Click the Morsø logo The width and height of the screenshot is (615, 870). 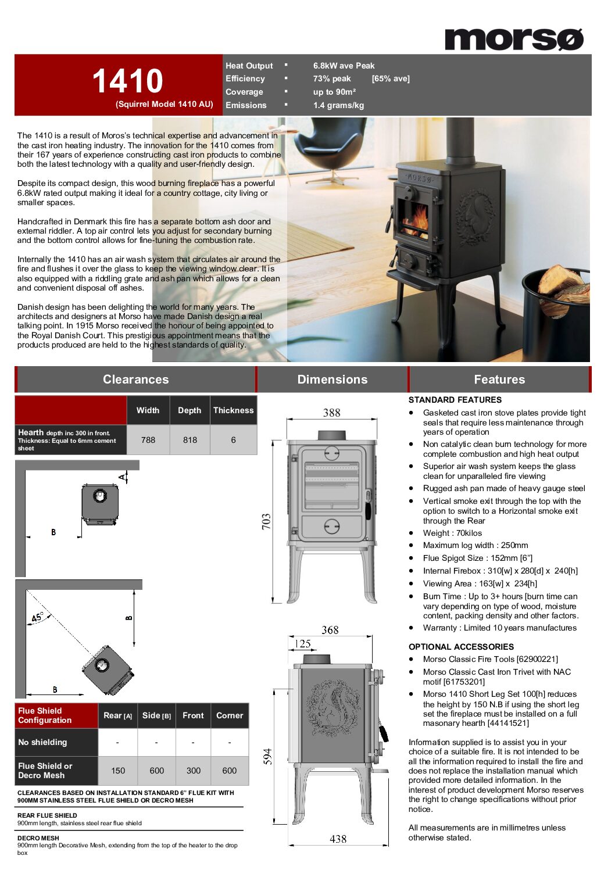coord(514,40)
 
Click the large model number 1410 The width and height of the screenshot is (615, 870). coord(127,81)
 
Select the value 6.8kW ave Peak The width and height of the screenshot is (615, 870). coord(344,66)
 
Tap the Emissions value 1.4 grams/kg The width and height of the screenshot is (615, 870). coord(338,105)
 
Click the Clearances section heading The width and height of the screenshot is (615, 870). coord(135,379)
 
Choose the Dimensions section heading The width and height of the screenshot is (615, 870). coord(332,379)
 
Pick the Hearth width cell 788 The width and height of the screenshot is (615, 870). coord(148,440)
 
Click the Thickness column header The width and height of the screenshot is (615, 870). coord(233,410)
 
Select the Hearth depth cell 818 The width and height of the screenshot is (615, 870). coord(190,440)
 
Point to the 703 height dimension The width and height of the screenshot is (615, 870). coord(266,521)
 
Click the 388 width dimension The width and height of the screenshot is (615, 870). coord(331,413)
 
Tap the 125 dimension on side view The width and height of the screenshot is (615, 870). coord(303,644)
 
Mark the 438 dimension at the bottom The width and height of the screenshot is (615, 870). coord(338,839)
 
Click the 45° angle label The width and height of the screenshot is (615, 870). coord(37,617)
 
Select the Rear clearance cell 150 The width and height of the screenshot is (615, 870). coord(118,771)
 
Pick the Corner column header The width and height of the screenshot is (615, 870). coord(230,715)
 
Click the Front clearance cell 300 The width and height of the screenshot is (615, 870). coord(194,771)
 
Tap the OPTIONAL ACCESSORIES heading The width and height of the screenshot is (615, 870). coord(461,647)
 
